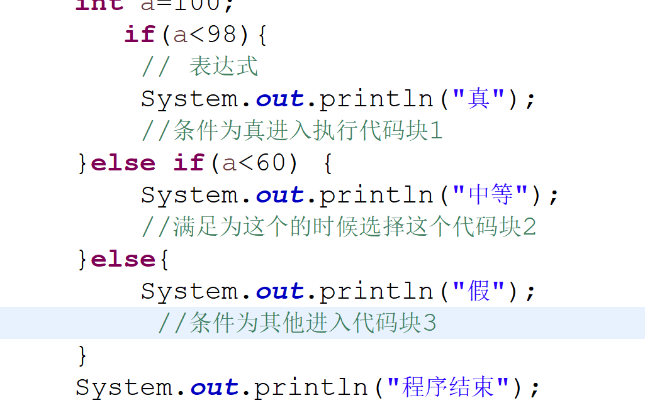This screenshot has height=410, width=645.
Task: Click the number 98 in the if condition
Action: (x=222, y=35)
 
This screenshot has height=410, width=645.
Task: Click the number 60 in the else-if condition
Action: (x=271, y=163)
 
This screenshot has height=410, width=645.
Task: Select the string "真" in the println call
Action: (x=479, y=99)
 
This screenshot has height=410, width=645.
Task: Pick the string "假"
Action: (x=479, y=291)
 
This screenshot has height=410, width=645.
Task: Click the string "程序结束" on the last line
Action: (x=448, y=387)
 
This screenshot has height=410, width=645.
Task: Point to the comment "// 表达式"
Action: (x=199, y=67)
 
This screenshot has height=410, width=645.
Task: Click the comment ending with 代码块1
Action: (x=292, y=131)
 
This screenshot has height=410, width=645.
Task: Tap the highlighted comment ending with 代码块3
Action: (x=296, y=323)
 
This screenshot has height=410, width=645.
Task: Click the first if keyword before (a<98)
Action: (x=140, y=35)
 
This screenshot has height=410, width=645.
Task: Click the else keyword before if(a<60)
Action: (x=123, y=163)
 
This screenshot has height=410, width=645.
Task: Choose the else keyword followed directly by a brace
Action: (x=123, y=259)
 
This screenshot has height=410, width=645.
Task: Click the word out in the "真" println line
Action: (x=279, y=99)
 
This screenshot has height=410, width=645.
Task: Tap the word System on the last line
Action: (x=123, y=387)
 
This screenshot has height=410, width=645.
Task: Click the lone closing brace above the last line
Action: (x=82, y=355)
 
